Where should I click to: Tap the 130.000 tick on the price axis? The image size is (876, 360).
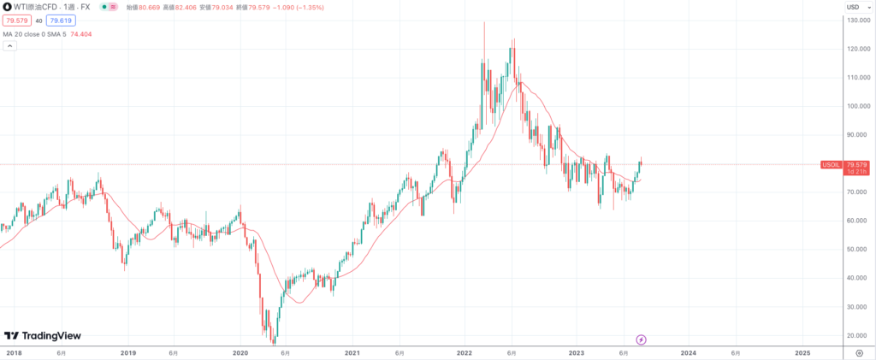tap(858, 20)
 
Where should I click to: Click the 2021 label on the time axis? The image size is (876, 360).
tap(352, 352)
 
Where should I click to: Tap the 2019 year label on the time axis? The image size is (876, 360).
tap(127, 352)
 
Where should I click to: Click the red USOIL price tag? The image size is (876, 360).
tap(831, 163)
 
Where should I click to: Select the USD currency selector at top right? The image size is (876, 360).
tap(853, 7)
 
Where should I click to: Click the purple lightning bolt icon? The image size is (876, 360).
tap(642, 339)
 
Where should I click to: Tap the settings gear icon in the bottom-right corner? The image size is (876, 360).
tap(858, 352)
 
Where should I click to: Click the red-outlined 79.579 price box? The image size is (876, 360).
tap(16, 20)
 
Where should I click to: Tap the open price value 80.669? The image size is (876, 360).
tap(144, 7)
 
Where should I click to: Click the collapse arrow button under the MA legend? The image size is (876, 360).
tap(9, 45)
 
